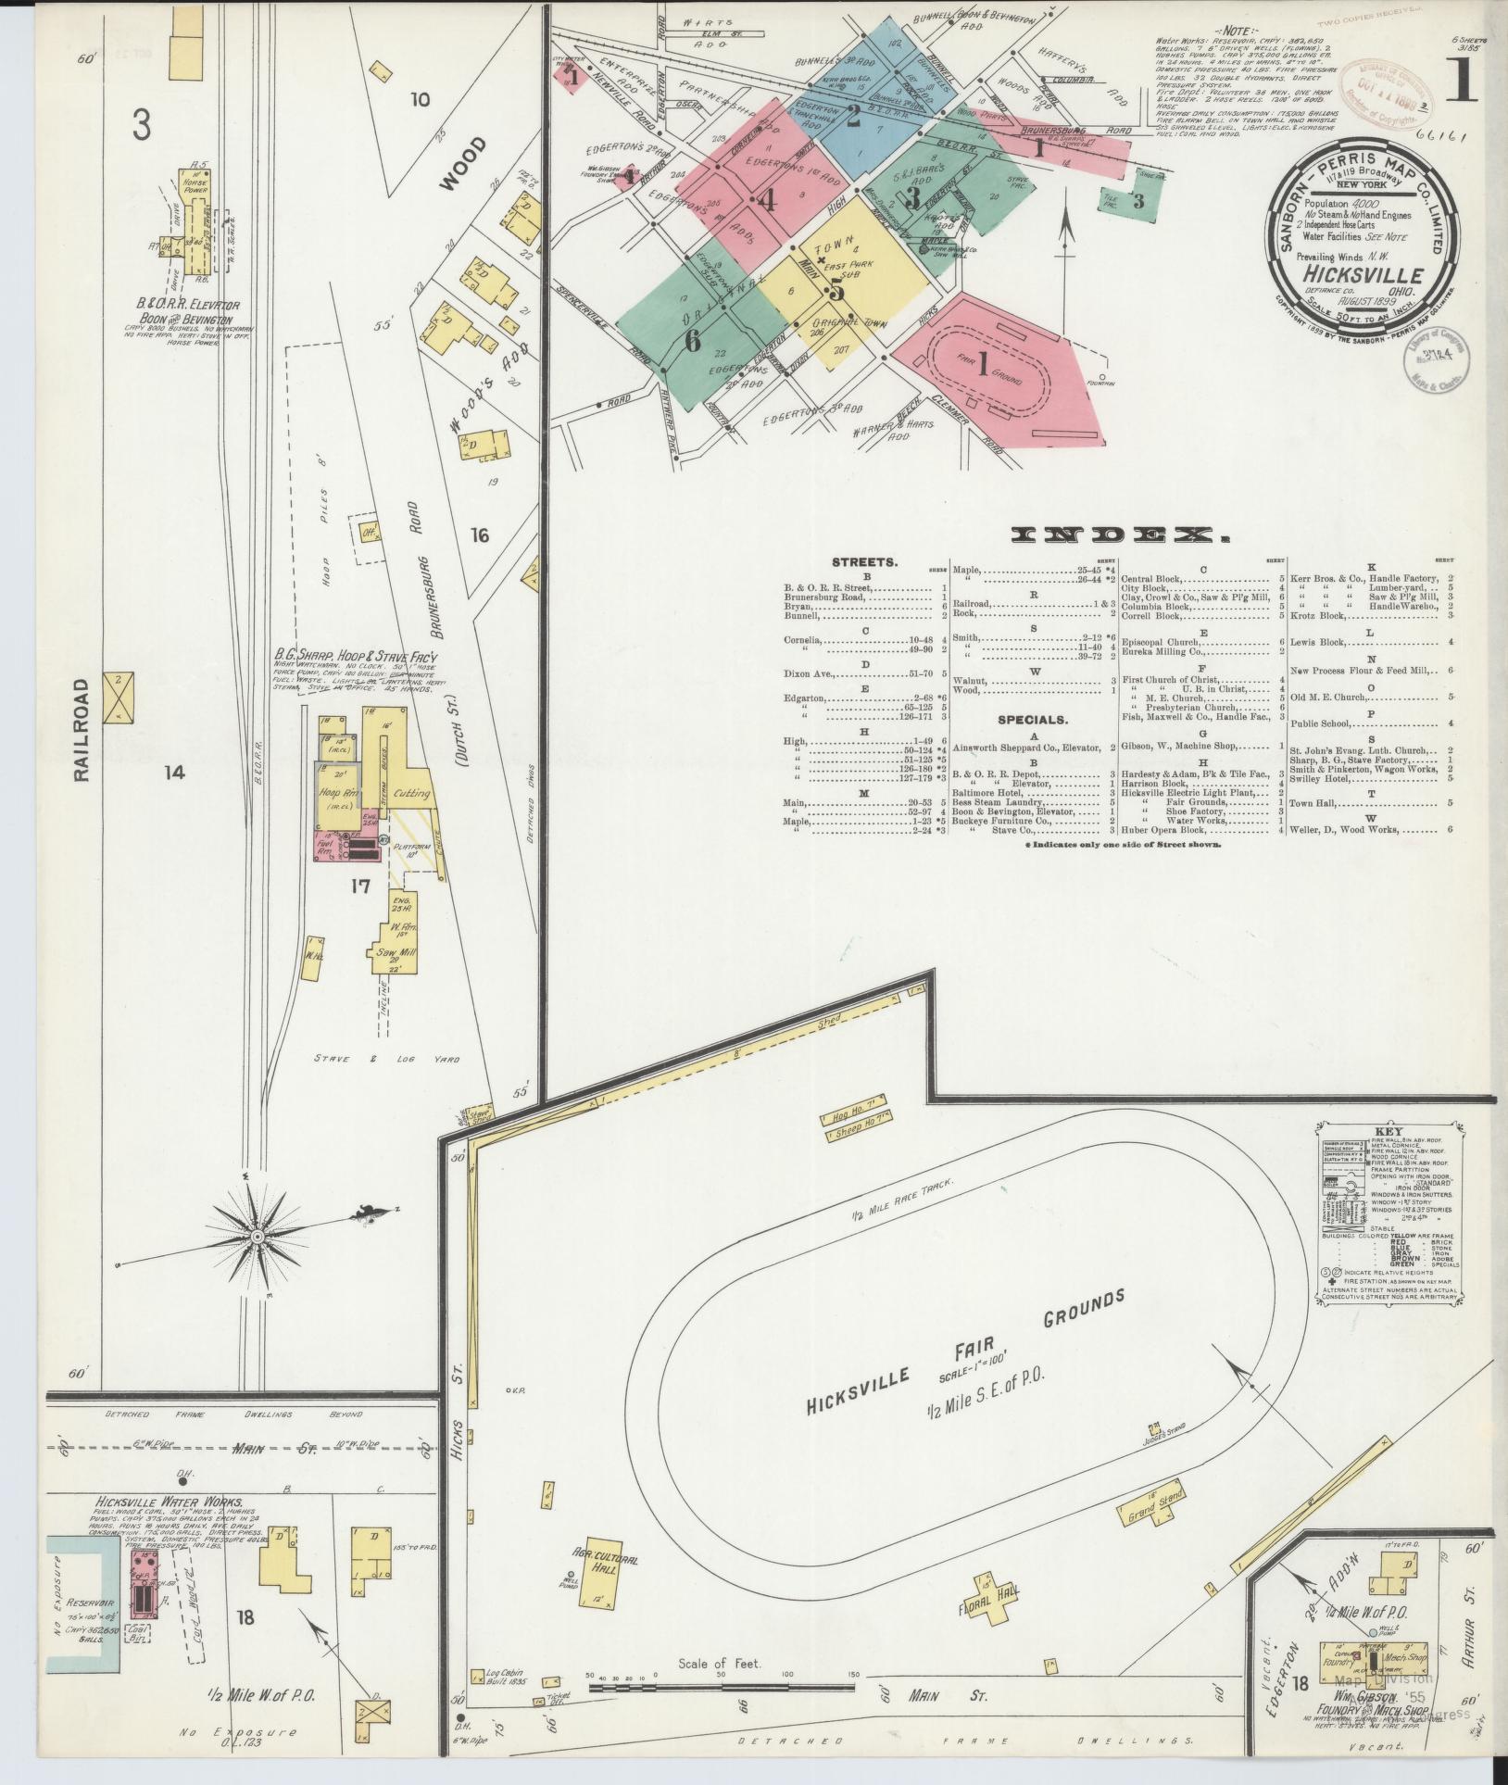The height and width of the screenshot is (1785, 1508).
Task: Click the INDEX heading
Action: click(1118, 534)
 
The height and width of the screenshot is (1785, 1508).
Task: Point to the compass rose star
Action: click(257, 1236)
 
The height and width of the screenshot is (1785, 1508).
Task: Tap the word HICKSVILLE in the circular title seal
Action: click(1362, 274)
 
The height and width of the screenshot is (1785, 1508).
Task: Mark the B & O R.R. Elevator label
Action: click(182, 304)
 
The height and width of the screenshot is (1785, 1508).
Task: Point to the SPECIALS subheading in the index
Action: click(1033, 719)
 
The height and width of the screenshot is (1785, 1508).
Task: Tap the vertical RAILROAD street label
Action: click(82, 730)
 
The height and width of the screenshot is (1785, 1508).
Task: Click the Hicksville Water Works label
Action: click(169, 1502)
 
